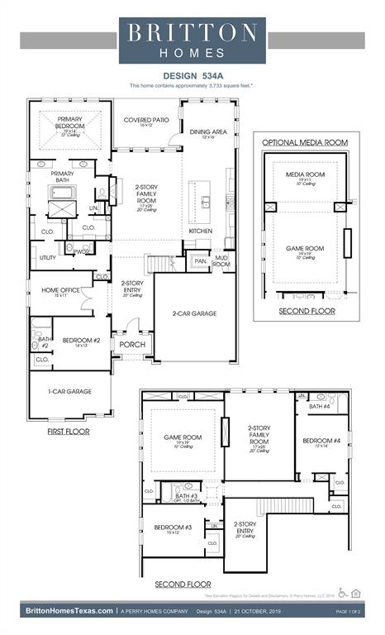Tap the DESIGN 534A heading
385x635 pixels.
(192, 75)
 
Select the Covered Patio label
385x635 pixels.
(146, 121)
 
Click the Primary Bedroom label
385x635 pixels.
(70, 123)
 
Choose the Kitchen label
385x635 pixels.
(200, 231)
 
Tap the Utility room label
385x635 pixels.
(48, 258)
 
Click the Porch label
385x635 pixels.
(132, 344)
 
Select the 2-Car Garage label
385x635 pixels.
(195, 313)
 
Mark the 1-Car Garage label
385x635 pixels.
(69, 391)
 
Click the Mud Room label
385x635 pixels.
(221, 261)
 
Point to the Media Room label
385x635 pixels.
(299, 174)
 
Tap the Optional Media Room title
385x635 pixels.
(305, 142)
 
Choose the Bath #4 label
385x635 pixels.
(320, 406)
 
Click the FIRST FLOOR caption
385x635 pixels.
(69, 432)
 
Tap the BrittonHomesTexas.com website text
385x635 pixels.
(69, 610)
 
